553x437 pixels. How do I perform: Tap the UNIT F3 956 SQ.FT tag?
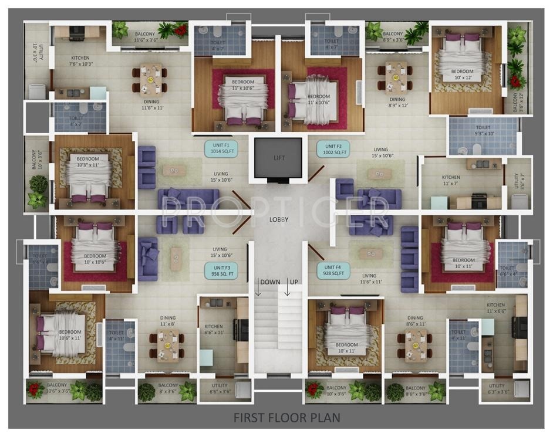click(221, 270)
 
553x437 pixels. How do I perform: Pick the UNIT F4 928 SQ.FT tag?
click(333, 270)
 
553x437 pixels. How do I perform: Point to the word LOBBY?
click(278, 219)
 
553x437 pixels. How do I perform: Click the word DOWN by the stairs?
click(269, 282)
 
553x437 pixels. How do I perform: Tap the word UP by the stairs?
click(294, 282)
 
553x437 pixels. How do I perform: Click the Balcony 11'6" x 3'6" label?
click(146, 37)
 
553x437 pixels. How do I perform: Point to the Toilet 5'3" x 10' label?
click(483, 130)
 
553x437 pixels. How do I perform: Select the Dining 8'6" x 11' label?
click(415, 320)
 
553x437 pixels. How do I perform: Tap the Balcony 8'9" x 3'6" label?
click(393, 37)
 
